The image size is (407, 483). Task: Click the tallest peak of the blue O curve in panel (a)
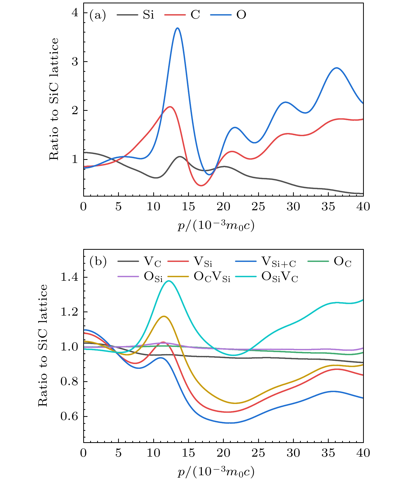click(177, 28)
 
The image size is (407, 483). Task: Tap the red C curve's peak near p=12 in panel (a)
click(170, 107)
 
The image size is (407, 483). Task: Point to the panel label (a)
click(97, 15)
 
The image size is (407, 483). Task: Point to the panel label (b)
click(98, 262)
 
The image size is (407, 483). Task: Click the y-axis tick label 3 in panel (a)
click(75, 62)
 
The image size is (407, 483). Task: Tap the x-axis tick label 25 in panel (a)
click(258, 207)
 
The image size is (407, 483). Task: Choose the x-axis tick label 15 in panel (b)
click(188, 453)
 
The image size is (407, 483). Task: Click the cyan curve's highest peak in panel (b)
click(169, 281)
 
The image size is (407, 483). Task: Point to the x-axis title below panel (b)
click(216, 472)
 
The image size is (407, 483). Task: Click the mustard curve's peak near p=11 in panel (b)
click(164, 316)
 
